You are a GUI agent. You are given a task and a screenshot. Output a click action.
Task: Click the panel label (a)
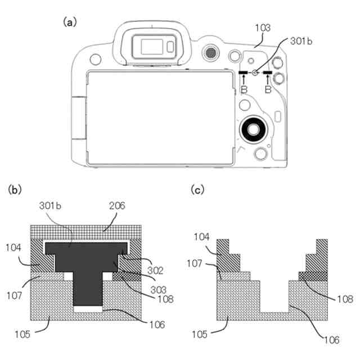click(70, 22)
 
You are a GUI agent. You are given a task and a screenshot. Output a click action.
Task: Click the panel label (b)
click(15, 190)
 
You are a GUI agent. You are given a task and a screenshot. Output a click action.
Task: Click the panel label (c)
click(199, 190)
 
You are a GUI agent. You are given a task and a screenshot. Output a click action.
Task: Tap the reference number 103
click(262, 27)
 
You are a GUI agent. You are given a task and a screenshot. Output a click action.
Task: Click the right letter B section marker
click(268, 89)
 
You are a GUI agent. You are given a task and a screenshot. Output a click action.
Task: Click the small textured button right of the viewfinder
click(210, 52)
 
